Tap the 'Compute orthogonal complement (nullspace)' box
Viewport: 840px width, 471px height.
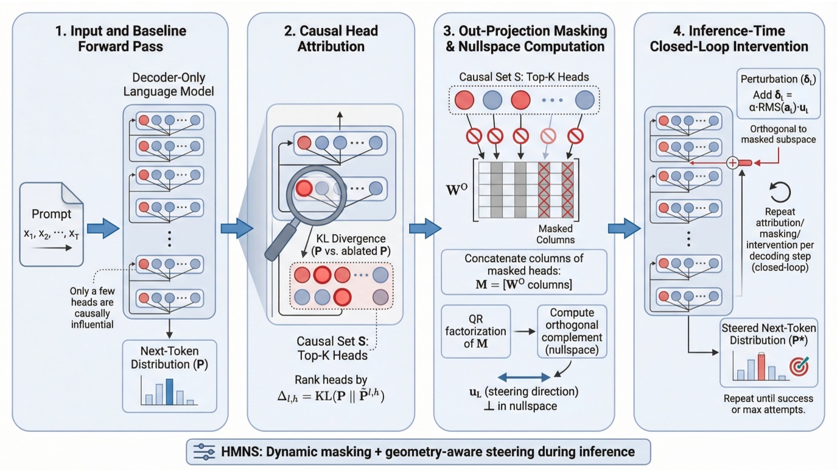[x=572, y=331]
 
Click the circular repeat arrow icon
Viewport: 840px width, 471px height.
[x=780, y=193]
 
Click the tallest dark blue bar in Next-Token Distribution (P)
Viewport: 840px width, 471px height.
[x=170, y=391]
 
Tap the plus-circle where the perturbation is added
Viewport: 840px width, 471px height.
[x=733, y=163]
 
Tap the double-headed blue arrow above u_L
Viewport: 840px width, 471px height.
[x=524, y=377]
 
